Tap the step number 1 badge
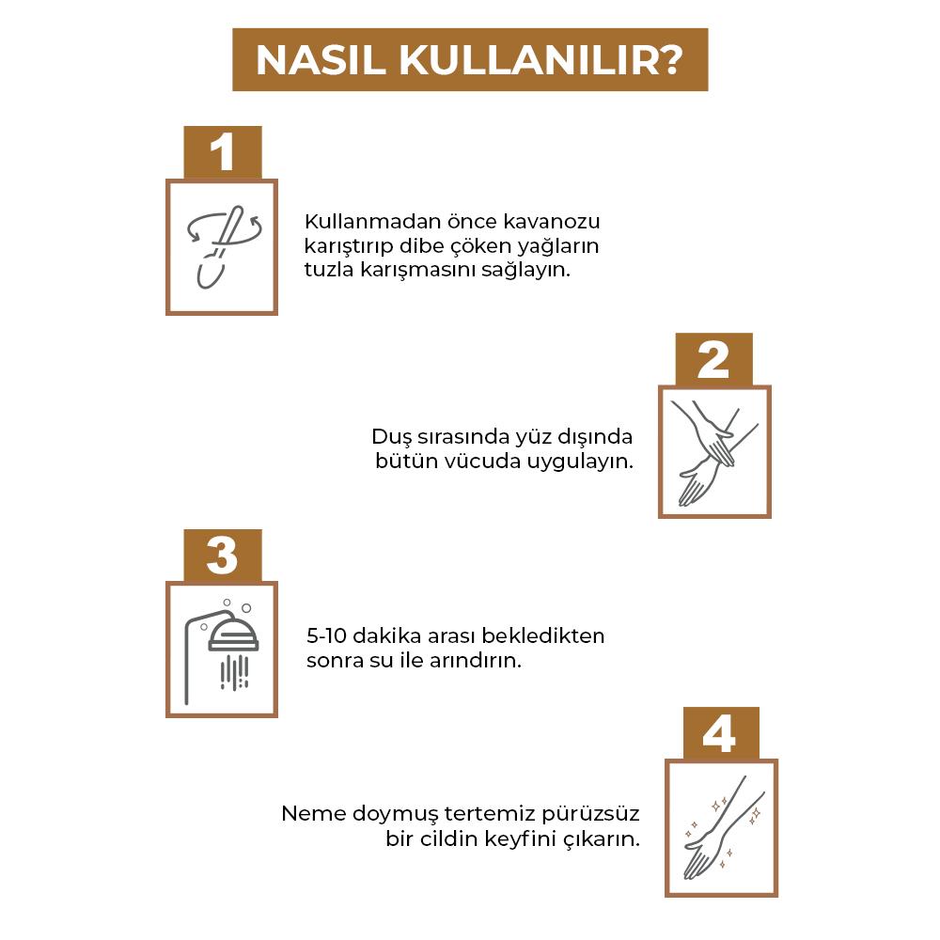click(x=222, y=152)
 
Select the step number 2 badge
click(x=714, y=359)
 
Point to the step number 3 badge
click(x=222, y=556)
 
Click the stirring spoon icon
click(x=222, y=246)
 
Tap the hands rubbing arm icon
click(x=714, y=451)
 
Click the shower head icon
click(x=222, y=649)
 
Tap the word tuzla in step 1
click(x=328, y=269)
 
